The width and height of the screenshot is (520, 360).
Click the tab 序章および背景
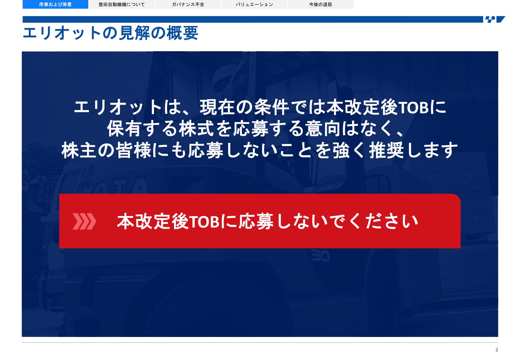[x=55, y=4]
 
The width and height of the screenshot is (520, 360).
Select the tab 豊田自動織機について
[x=122, y=4]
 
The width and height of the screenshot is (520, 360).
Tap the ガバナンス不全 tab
[x=188, y=4]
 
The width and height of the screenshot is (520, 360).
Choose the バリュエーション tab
[x=254, y=4]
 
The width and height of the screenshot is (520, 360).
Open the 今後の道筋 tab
[x=321, y=4]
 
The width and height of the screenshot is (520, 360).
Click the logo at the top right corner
[x=495, y=19]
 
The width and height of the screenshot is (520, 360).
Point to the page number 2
[x=497, y=349]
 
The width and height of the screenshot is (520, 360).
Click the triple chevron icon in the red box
[x=84, y=221]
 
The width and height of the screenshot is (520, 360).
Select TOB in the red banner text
[x=204, y=222]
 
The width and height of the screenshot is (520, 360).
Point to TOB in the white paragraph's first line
[x=413, y=108]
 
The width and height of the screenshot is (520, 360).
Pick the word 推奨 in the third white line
[x=387, y=150]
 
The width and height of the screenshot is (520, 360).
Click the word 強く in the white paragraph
[x=348, y=150]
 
